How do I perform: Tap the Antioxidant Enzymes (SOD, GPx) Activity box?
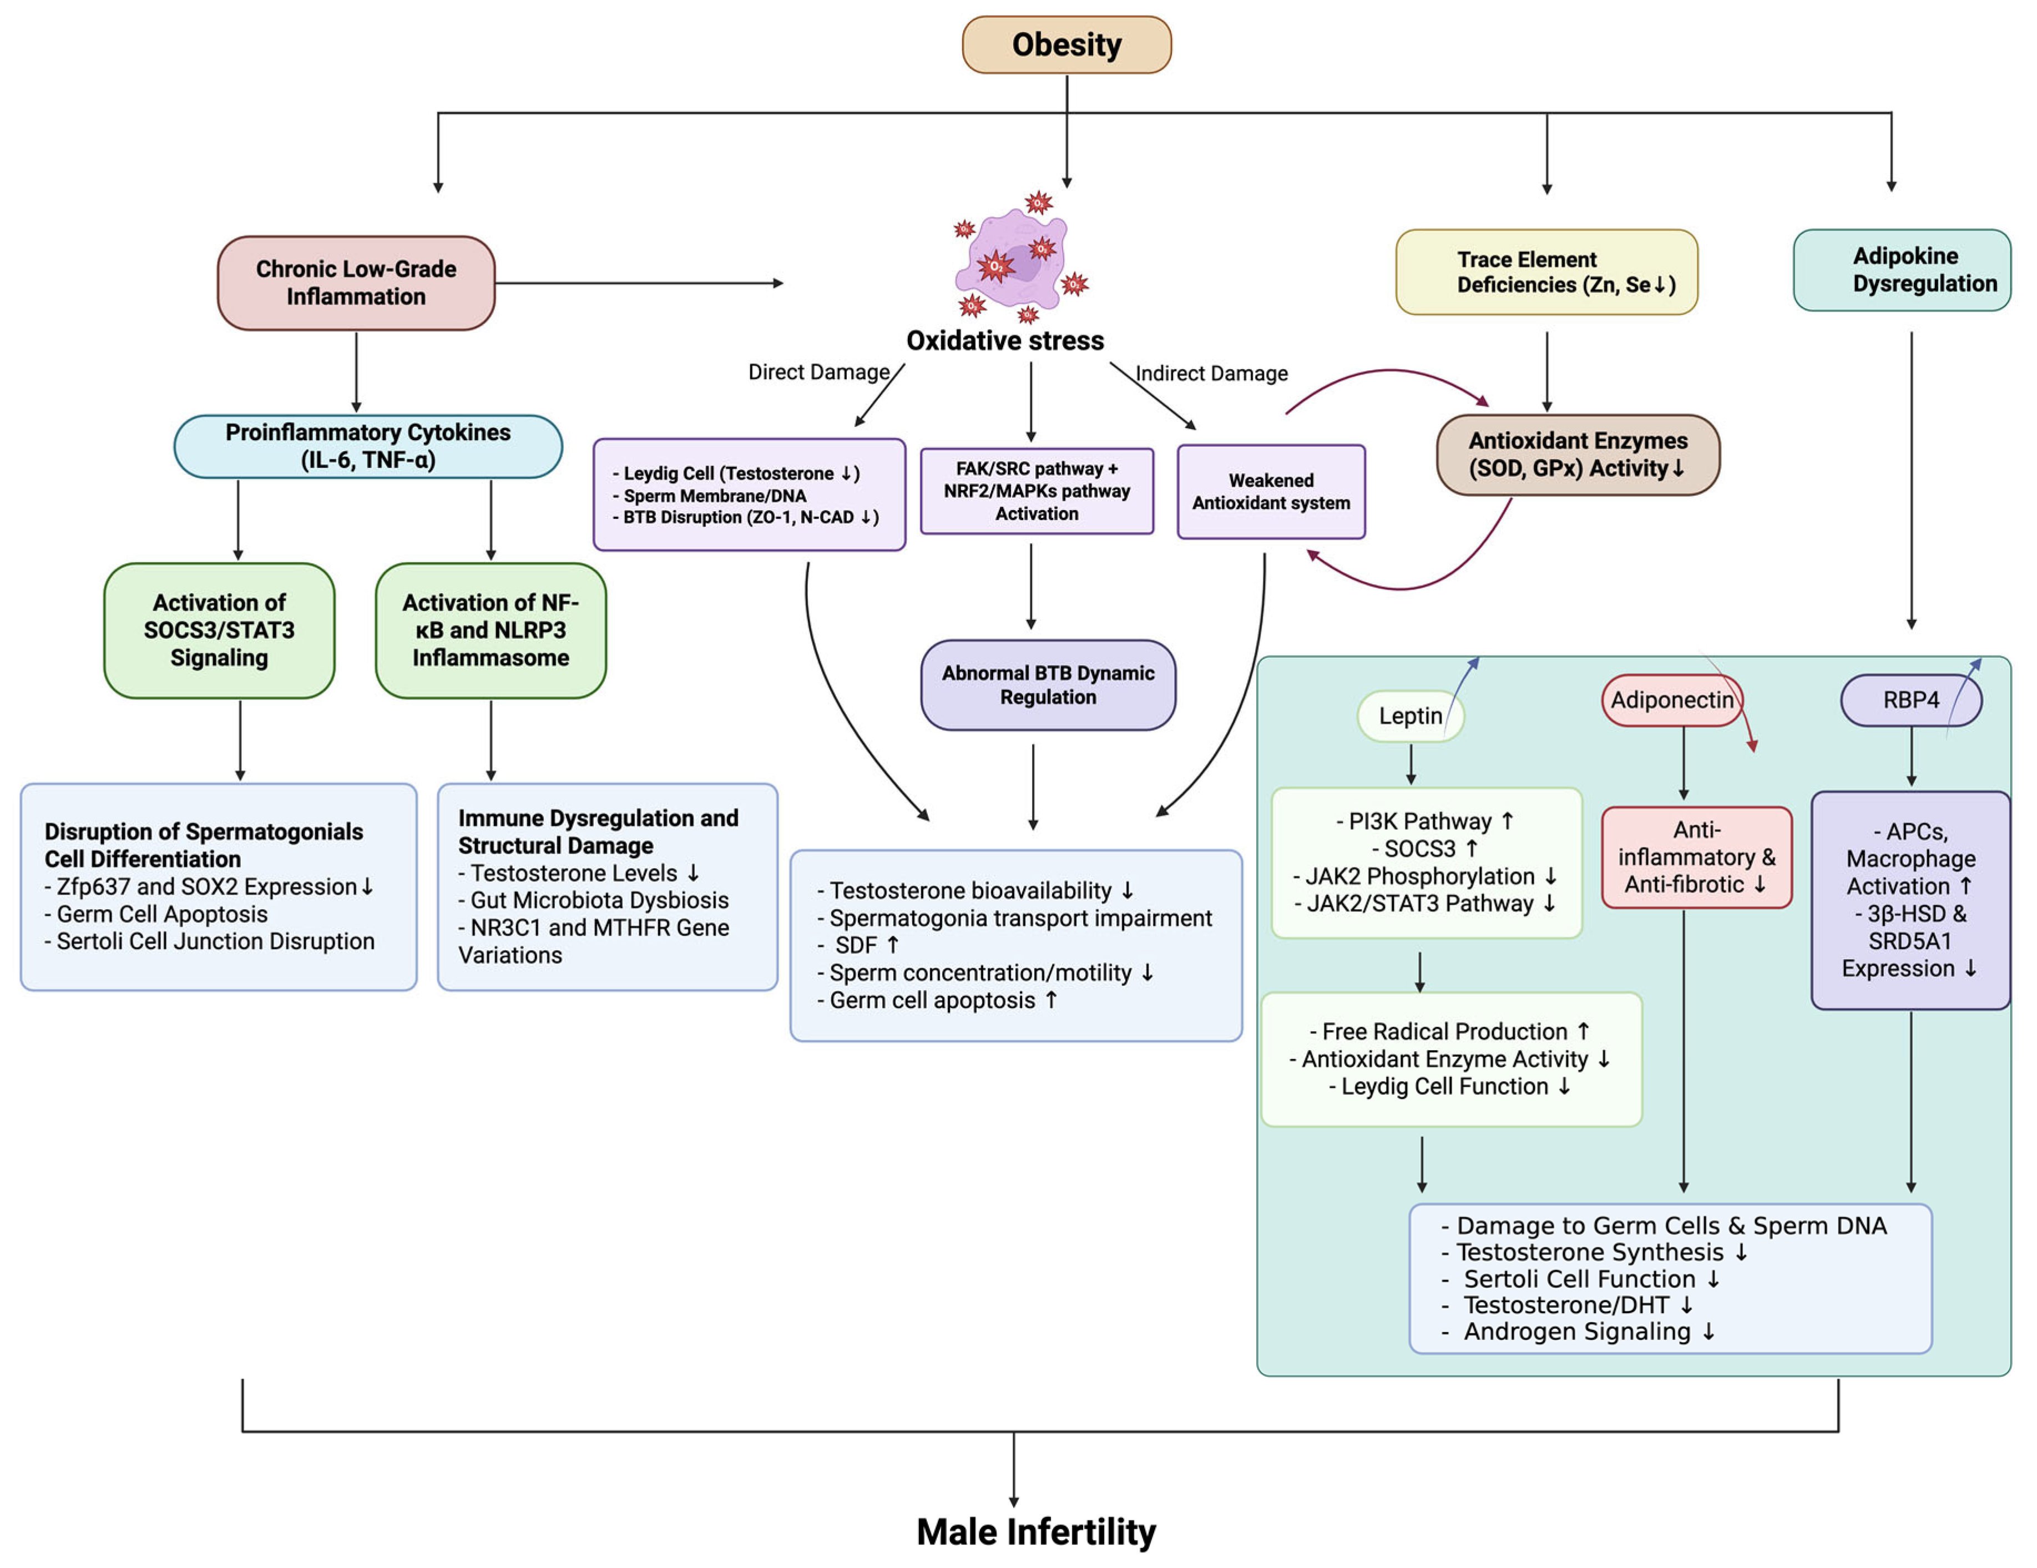[1578, 454]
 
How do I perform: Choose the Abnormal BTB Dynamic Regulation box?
[1048, 685]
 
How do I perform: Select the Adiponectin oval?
[1671, 699]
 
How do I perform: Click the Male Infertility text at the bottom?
[1035, 1531]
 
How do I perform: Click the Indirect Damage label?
[1211, 373]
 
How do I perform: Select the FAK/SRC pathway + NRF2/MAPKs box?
[1036, 491]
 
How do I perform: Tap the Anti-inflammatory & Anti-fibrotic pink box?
[1696, 856]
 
